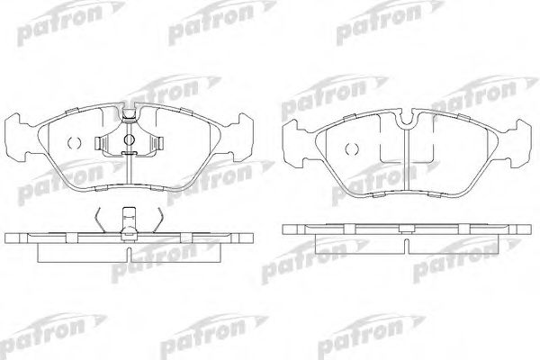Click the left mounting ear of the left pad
17,138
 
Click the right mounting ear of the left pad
241,138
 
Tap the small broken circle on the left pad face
74,142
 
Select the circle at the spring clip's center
129,139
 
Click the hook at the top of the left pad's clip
129,114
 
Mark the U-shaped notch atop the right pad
408,118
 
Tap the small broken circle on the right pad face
352,148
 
